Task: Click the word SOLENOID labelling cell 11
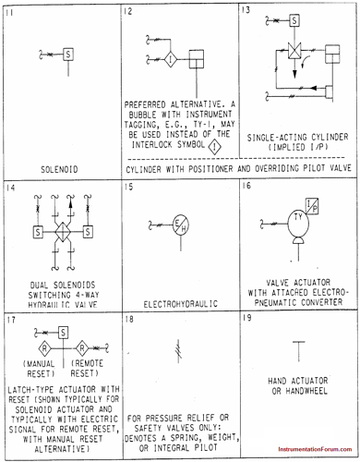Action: [61, 170]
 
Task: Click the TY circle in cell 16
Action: [298, 221]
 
